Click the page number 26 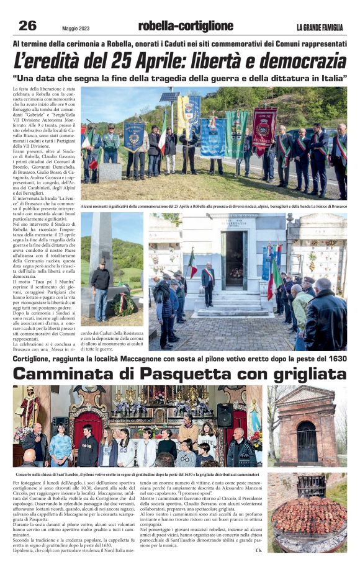coord(27,25)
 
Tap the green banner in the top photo coord(236,133)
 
